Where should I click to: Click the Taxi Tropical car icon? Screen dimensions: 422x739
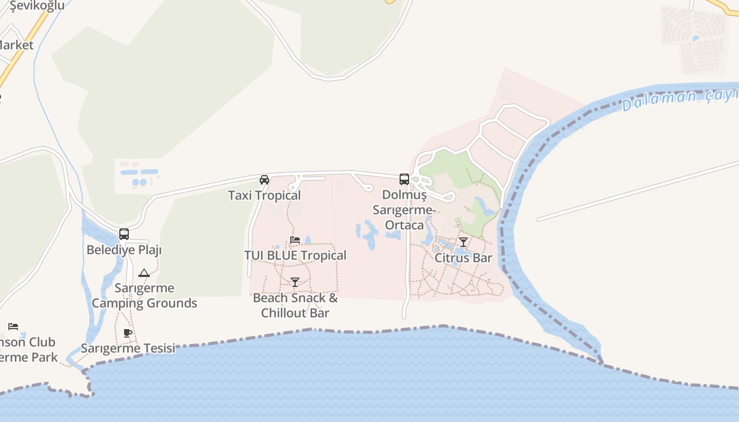[x=264, y=180]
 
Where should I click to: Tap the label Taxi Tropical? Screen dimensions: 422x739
[x=264, y=195]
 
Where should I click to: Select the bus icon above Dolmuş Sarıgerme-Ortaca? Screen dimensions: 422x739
[x=404, y=179]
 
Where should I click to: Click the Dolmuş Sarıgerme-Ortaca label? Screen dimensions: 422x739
[x=404, y=210]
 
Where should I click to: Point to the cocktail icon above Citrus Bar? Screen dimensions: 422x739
[x=463, y=242]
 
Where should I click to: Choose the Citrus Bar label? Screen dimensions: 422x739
[x=463, y=258]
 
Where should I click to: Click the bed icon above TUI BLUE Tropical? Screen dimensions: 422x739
[x=295, y=240]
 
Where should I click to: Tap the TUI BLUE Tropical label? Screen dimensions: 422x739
[x=295, y=255]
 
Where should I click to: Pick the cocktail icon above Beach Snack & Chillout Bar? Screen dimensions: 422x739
[x=295, y=282]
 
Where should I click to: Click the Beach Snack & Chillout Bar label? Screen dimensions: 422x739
[x=295, y=305]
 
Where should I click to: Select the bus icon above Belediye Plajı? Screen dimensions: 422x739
[x=124, y=234]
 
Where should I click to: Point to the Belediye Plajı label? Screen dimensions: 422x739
[x=124, y=250]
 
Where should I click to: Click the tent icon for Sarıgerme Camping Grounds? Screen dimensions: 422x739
[x=144, y=273]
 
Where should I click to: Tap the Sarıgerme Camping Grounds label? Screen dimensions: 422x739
[x=144, y=295]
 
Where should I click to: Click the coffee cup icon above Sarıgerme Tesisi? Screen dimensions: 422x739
[x=127, y=333]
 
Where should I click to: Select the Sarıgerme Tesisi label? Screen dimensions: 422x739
[x=128, y=348]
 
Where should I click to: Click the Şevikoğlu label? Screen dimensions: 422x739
[x=37, y=6]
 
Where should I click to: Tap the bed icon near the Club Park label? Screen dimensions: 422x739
[x=13, y=327]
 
